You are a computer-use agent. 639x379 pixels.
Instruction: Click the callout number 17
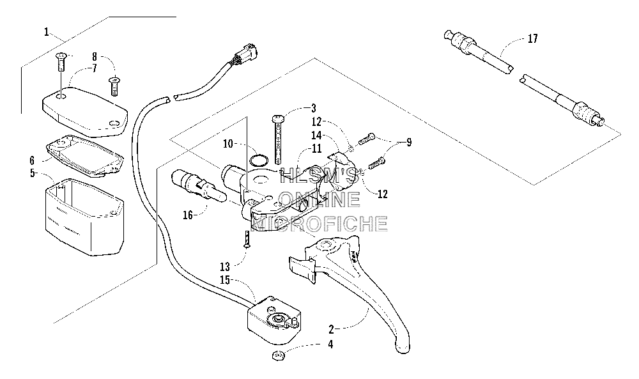(533, 39)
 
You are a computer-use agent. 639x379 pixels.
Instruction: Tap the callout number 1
(47, 32)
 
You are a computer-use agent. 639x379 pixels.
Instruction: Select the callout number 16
(187, 215)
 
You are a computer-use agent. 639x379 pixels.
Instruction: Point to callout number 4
(330, 344)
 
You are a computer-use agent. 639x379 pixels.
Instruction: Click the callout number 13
(225, 267)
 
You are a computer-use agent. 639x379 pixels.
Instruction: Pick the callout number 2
(331, 329)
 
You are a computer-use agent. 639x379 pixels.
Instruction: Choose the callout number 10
(228, 144)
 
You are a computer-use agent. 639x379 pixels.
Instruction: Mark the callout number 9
(409, 143)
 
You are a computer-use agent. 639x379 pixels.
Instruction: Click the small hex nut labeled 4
(278, 355)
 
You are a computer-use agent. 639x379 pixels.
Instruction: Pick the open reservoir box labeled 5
(84, 216)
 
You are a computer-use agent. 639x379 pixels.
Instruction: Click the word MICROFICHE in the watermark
(319, 223)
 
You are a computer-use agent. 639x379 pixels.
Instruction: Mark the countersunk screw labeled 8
(114, 87)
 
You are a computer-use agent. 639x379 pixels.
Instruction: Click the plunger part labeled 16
(197, 186)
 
